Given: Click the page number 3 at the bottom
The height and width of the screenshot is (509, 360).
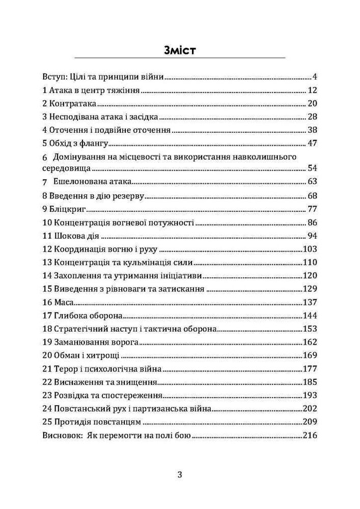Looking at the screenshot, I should (180, 475).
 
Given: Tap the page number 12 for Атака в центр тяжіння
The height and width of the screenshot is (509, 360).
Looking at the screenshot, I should (313, 91).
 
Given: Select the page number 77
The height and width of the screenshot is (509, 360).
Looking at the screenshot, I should (313, 209).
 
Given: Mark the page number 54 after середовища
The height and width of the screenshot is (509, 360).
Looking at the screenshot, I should (313, 168).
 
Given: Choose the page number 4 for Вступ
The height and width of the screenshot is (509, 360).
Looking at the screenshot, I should (315, 78).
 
